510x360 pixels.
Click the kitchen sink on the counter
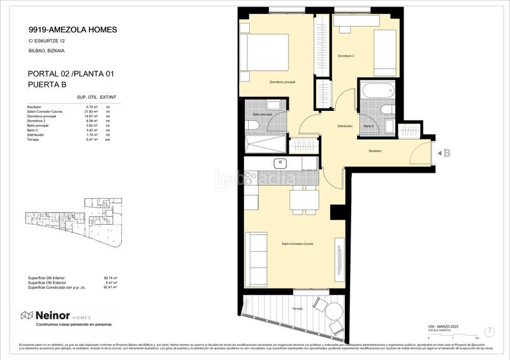pyautogui.click(x=279, y=164)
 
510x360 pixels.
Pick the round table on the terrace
pyautogui.click(x=319, y=308)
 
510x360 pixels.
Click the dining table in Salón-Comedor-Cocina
pyautogui.click(x=303, y=201)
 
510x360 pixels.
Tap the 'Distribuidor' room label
pyautogui.click(x=345, y=126)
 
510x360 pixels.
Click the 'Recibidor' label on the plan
pyautogui.click(x=375, y=151)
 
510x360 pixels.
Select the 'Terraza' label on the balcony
pyautogui.click(x=298, y=308)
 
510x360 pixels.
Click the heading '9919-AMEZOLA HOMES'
pyautogui.click(x=73, y=29)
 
